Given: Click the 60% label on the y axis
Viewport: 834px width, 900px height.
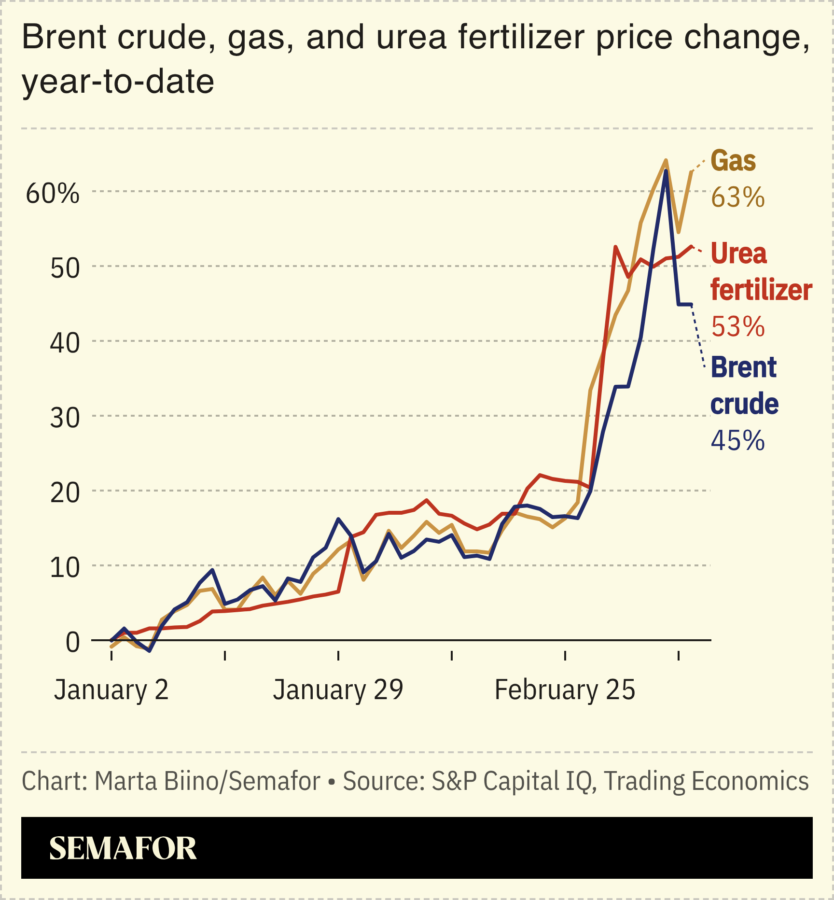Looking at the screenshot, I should pos(52,194).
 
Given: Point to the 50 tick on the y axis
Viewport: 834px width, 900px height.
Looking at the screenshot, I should pos(65,268).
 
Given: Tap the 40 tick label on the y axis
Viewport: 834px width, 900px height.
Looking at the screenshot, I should pos(65,343).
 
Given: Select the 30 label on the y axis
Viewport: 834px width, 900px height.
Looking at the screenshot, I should pos(65,418).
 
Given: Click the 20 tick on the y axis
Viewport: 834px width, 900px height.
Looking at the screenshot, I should pos(65,492).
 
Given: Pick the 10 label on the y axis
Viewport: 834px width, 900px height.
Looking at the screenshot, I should pos(65,567).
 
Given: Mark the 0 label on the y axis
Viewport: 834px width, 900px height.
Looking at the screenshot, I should pos(72,642).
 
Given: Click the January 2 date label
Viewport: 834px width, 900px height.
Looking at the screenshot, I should pos(111,689).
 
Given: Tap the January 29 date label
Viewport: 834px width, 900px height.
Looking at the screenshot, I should pos(338,689).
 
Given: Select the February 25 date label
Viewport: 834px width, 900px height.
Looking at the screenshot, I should pos(565,689).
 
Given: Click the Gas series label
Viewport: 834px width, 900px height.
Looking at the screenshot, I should pos(733,161).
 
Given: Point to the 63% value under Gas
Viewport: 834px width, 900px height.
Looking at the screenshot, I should pos(737,197).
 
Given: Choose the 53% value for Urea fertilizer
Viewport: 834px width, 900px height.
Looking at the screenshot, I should pos(737,326).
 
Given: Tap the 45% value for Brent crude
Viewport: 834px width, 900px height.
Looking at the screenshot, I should pos(737,440).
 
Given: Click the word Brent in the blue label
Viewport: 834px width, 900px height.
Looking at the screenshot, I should pos(743,367).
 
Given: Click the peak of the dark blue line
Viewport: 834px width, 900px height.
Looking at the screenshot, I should pos(666,171).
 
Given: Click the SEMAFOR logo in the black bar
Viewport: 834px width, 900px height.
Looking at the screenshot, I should pos(123,848).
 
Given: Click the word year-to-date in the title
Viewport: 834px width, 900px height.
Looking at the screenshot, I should pos(118,82).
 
